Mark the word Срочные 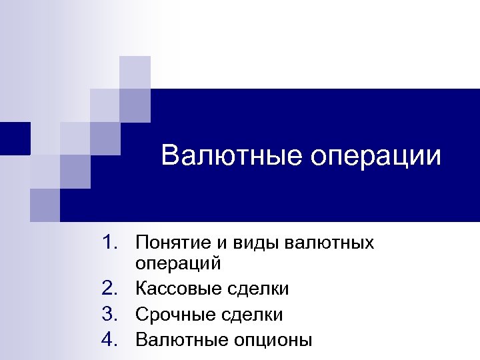pyautogui.click(x=173, y=315)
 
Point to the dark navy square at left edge pyautogui.click(x=15, y=138)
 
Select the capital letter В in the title pyautogui.click(x=169, y=157)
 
